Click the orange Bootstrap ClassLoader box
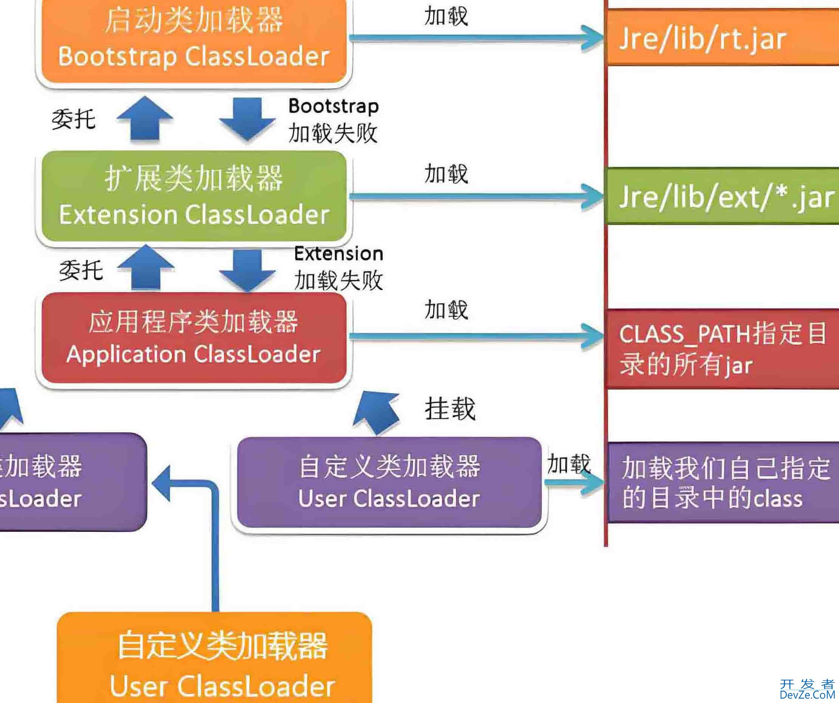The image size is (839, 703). click(x=194, y=40)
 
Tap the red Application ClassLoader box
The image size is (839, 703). click(x=194, y=338)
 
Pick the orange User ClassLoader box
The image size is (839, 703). click(x=215, y=660)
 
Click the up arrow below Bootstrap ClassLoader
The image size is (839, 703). click(x=145, y=118)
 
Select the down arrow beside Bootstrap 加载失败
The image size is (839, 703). click(x=247, y=119)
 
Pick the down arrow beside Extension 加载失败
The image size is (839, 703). click(x=247, y=269)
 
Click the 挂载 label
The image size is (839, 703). click(x=450, y=409)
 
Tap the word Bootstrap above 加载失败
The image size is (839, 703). click(x=334, y=106)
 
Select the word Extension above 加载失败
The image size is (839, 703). click(x=339, y=254)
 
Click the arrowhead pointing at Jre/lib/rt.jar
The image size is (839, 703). click(x=593, y=38)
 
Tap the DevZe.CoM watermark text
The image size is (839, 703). click(x=807, y=695)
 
